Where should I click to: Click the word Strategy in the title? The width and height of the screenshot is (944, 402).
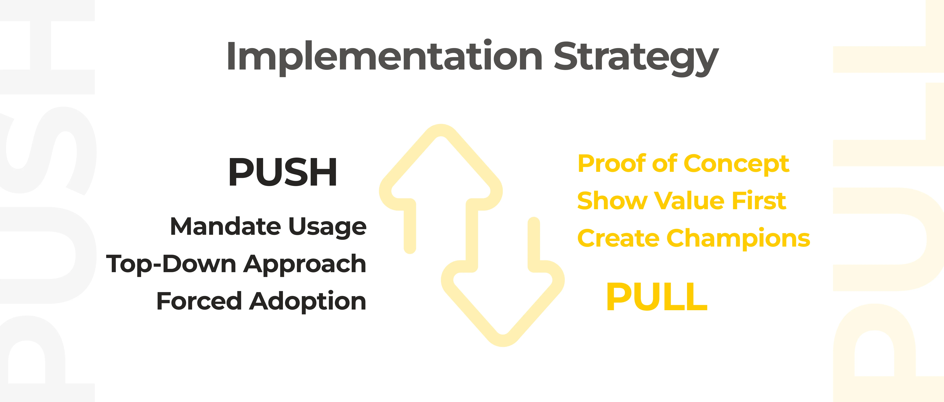pyautogui.click(x=636, y=58)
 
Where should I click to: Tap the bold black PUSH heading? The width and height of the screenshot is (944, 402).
pyautogui.click(x=283, y=172)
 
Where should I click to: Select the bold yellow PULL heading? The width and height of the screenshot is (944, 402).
pyautogui.click(x=657, y=297)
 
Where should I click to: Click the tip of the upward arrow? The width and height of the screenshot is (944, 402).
pyautogui.click(x=441, y=131)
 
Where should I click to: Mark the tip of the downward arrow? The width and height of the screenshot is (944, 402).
pyautogui.click(x=503, y=340)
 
